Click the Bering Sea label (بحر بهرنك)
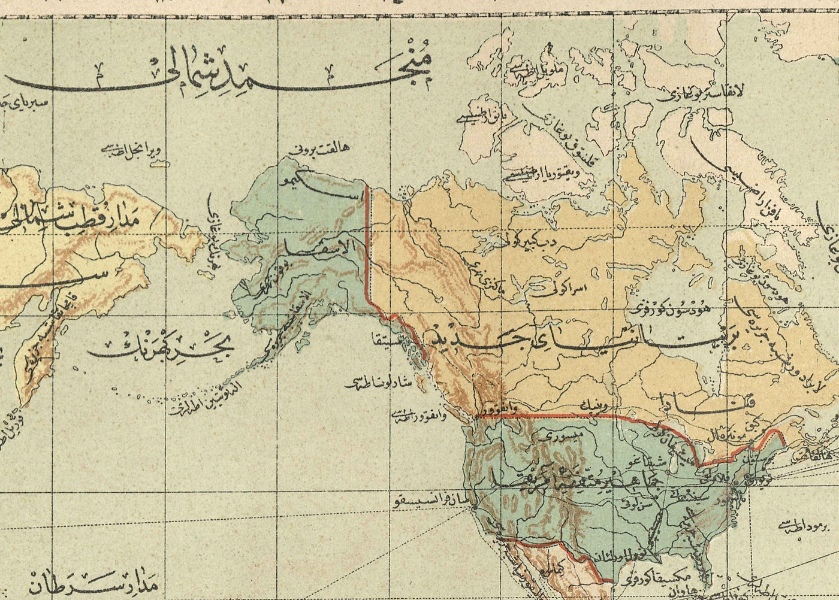click(x=162, y=349)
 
